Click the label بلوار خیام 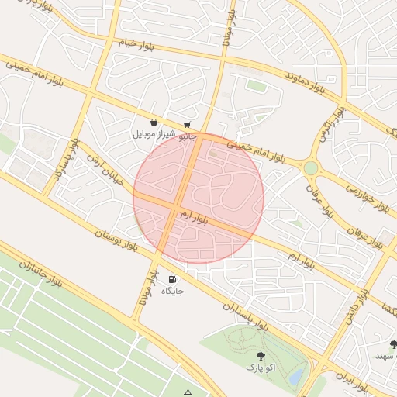(141, 43)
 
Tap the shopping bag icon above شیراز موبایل (154, 123)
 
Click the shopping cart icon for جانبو (187, 125)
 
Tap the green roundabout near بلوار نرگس (311, 167)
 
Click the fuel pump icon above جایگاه (171, 279)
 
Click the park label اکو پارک (261, 364)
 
